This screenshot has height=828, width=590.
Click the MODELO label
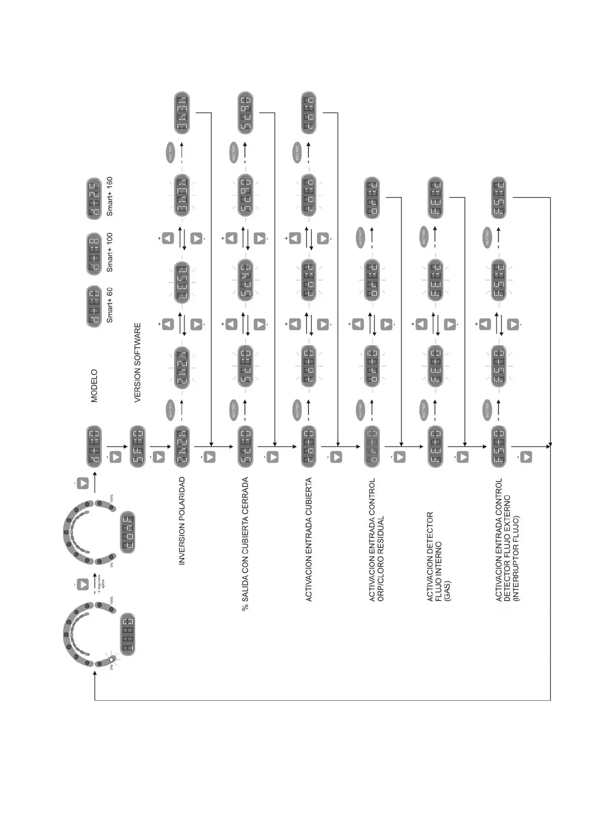click(x=94, y=386)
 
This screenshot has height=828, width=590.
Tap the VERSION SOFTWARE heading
click(x=137, y=362)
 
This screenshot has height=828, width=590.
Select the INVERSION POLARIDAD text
click(x=182, y=521)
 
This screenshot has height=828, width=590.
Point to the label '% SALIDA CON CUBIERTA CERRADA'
click(x=245, y=544)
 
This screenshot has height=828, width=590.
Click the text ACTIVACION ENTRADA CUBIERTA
click(x=309, y=539)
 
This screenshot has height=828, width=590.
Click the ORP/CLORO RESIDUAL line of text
click(x=381, y=559)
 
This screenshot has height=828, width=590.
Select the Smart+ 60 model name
click(x=109, y=305)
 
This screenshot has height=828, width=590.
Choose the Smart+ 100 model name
click(x=109, y=252)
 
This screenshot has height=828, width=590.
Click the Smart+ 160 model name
click(x=109, y=196)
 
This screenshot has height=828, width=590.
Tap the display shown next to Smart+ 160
click(x=94, y=199)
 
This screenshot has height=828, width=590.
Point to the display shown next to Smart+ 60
click(x=94, y=307)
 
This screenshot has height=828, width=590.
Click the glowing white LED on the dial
click(x=112, y=659)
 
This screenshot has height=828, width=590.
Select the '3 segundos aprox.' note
click(x=101, y=584)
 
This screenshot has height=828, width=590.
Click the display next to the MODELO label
click(x=94, y=446)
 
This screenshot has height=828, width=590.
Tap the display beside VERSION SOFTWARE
click(x=137, y=446)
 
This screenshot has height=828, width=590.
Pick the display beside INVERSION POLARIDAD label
click(x=182, y=446)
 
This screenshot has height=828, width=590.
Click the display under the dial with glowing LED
click(x=127, y=634)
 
